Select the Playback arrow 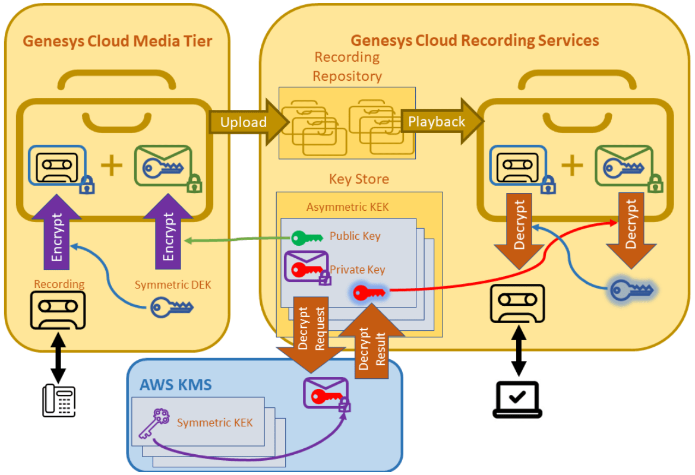coord(437,122)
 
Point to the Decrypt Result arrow coord(371,344)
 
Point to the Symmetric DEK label coord(173,285)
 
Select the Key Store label coord(359,179)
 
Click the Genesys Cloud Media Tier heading coord(117,41)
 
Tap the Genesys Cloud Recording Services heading coord(475,40)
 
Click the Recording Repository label coord(347,66)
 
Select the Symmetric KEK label coord(214,423)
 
